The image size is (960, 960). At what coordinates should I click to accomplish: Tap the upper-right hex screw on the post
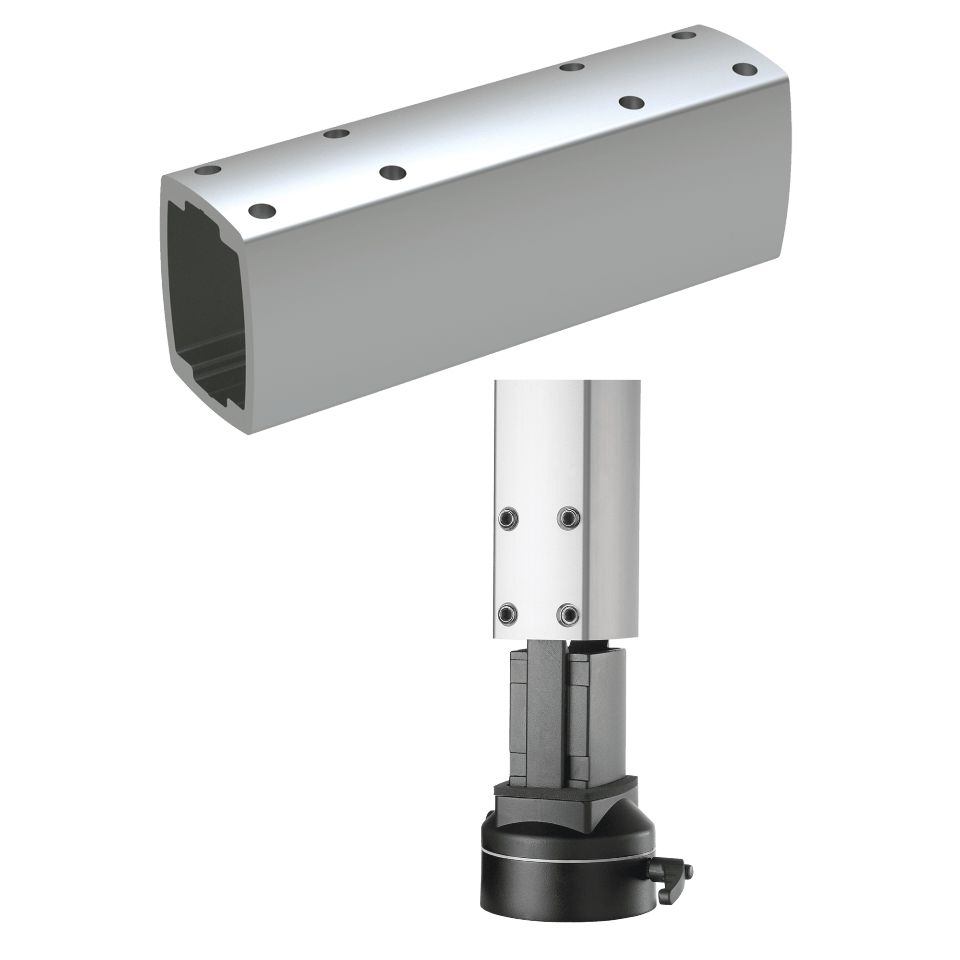pyautogui.click(x=568, y=518)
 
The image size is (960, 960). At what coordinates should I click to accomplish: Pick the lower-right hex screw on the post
pyautogui.click(x=568, y=615)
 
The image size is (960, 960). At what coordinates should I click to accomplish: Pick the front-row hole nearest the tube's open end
pyautogui.click(x=264, y=212)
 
